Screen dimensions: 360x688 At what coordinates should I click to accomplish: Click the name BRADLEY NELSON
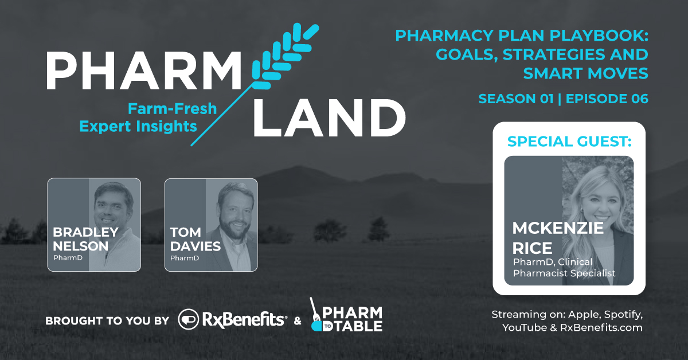pos(85,238)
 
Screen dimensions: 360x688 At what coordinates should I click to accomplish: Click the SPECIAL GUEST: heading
pos(569,140)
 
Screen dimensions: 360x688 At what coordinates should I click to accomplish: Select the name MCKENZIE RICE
pos(557,238)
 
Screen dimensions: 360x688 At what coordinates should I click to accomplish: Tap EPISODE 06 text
pos(607,99)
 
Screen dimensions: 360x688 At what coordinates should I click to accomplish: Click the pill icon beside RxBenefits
pos(189,320)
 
